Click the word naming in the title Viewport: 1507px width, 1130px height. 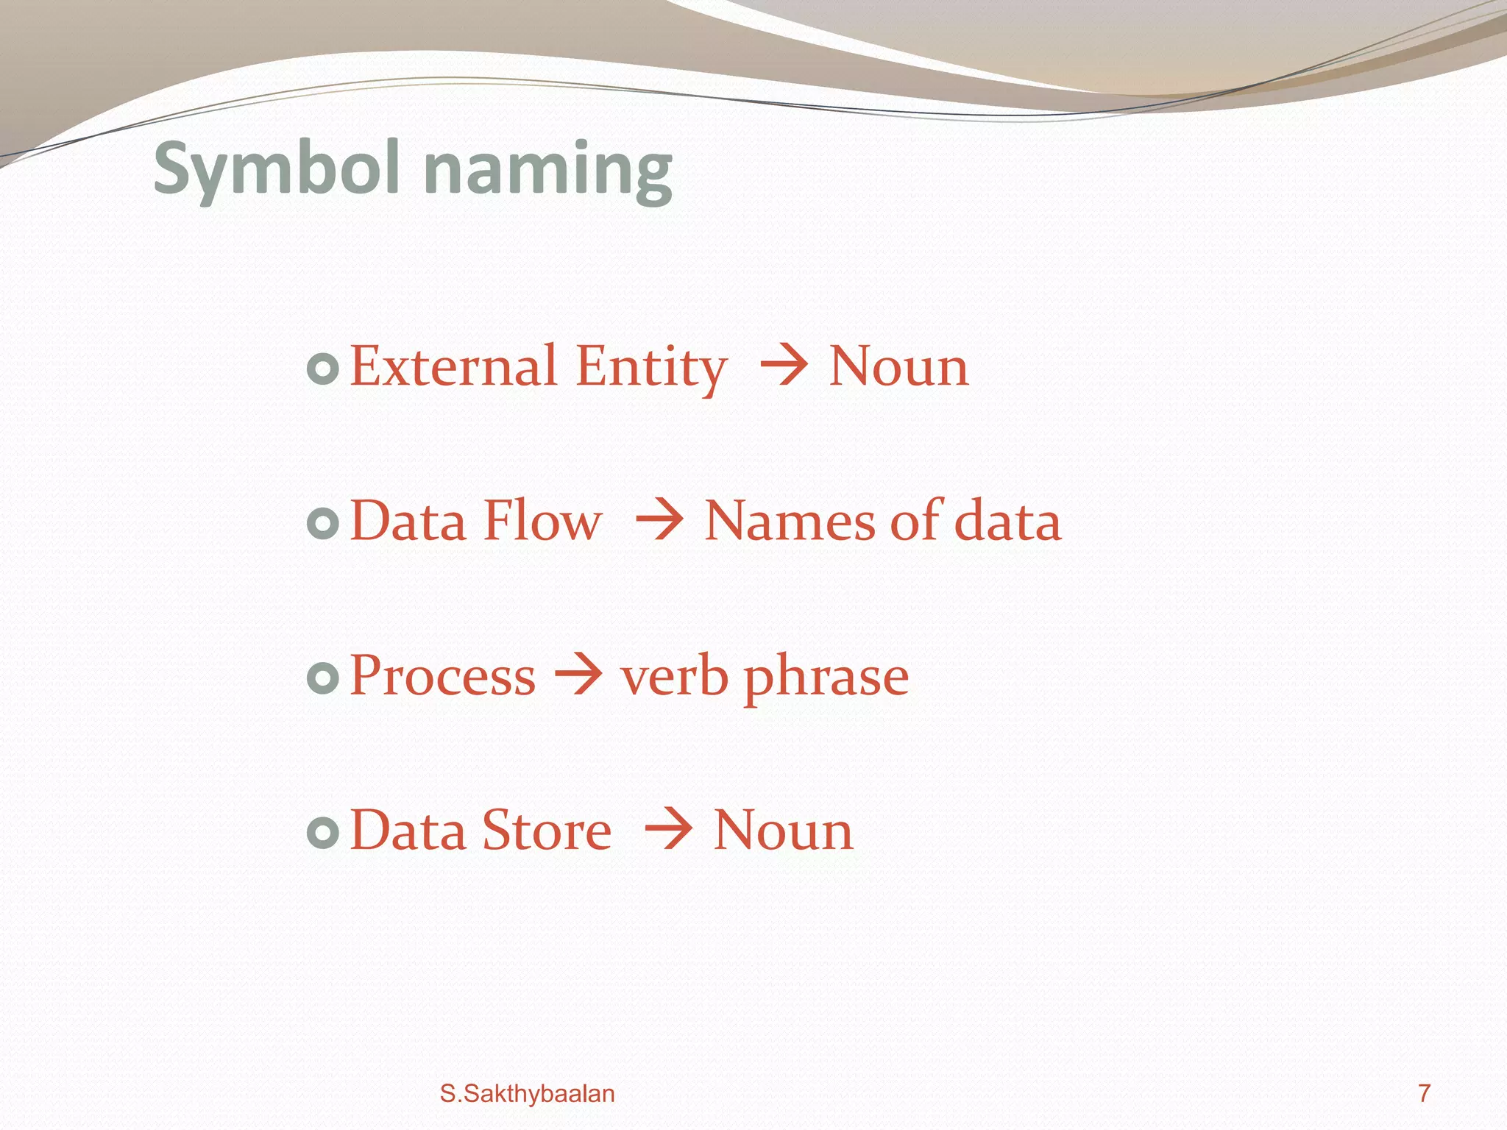point(548,171)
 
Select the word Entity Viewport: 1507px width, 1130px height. point(651,367)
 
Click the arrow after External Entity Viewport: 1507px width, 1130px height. point(784,365)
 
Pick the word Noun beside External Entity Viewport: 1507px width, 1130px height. point(898,366)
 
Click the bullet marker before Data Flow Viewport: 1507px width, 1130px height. point(322,523)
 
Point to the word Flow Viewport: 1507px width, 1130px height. point(543,521)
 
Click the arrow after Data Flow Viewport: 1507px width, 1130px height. point(660,520)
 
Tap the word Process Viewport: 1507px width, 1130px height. point(442,675)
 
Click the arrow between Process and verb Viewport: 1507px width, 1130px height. point(578,674)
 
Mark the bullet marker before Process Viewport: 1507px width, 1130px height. point(322,678)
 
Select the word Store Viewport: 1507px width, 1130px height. point(547,830)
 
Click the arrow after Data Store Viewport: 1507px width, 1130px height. point(668,829)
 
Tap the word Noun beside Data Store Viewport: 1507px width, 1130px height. point(783,830)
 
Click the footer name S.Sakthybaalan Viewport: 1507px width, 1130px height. point(527,1094)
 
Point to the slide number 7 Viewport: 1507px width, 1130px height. point(1425,1093)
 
